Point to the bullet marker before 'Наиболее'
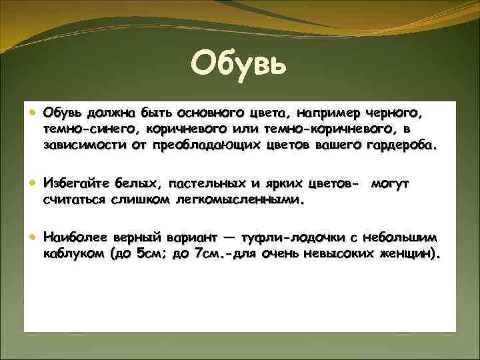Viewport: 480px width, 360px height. [33, 237]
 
